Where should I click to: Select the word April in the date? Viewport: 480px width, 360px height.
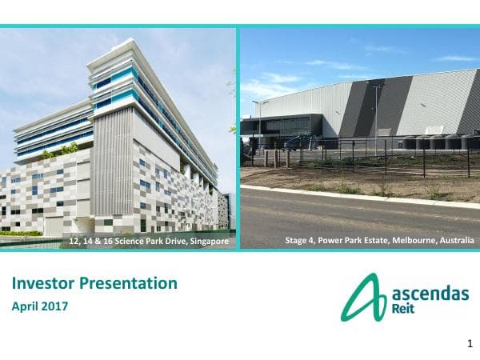tap(26, 306)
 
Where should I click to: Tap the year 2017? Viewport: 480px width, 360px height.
tap(56, 306)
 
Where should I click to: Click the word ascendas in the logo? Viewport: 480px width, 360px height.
tap(430, 293)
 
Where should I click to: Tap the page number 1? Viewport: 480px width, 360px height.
tap(470, 344)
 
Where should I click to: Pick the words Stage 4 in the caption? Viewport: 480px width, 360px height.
tap(301, 241)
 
